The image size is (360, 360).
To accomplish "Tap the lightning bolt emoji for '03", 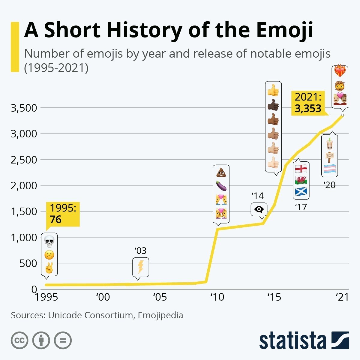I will click(x=140, y=267).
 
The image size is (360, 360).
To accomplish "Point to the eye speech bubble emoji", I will click(x=259, y=210).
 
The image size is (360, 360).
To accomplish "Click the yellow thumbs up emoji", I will click(x=273, y=90).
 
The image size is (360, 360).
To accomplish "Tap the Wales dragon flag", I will click(x=301, y=180).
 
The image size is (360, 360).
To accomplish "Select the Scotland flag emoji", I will click(x=301, y=191).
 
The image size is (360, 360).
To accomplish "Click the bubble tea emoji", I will click(x=329, y=144).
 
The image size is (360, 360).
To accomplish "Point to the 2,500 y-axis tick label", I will click(x=24, y=160).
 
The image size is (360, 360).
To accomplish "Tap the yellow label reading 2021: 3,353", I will click(x=308, y=103).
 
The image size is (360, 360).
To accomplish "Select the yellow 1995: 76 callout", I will click(x=63, y=214).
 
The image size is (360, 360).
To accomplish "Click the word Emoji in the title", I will click(x=283, y=30).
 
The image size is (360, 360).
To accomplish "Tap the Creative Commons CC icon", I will click(x=19, y=340).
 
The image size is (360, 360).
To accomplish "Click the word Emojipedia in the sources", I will click(x=160, y=315).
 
